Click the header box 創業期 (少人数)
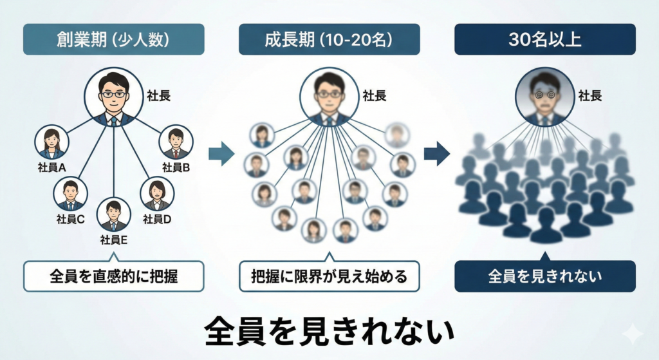click(114, 39)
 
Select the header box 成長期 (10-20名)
click(329, 39)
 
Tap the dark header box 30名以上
click(545, 39)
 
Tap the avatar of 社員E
click(114, 215)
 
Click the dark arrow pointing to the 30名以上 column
click(437, 153)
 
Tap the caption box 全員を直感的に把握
click(114, 276)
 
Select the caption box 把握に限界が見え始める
click(329, 276)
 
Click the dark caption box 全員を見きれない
click(545, 276)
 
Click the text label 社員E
click(114, 241)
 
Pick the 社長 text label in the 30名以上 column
click(589, 97)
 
